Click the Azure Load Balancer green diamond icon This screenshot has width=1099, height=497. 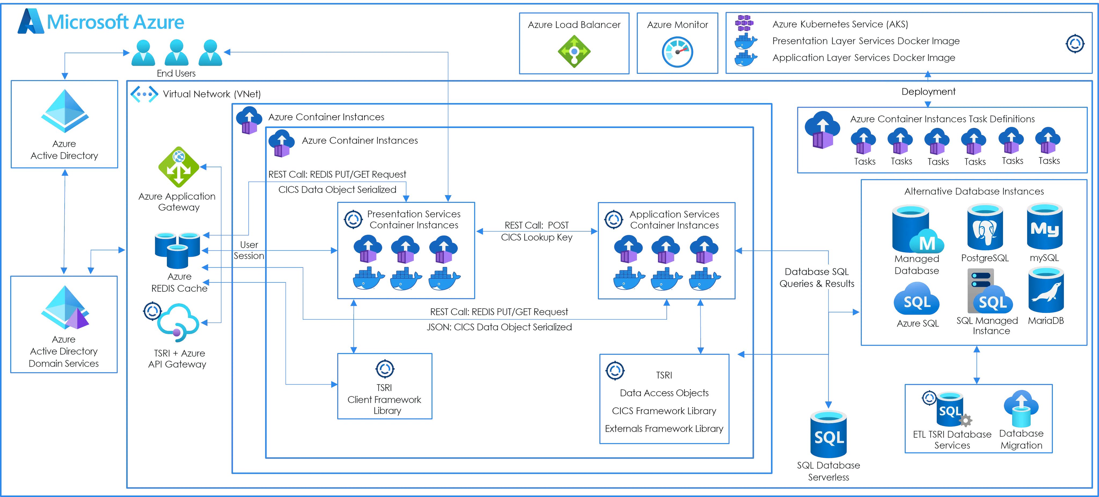click(574, 52)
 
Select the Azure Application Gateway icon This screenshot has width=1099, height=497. click(179, 167)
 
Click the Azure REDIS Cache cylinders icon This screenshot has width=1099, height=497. click(177, 250)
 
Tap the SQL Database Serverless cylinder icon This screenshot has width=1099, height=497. click(829, 434)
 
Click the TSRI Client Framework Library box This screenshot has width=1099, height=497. click(384, 386)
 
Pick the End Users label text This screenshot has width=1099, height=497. click(176, 73)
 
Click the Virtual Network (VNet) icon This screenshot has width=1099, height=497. click(144, 94)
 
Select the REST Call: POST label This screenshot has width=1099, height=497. click(536, 225)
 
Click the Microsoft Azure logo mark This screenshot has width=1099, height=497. click(30, 21)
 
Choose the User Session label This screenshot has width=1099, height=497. click(249, 250)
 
